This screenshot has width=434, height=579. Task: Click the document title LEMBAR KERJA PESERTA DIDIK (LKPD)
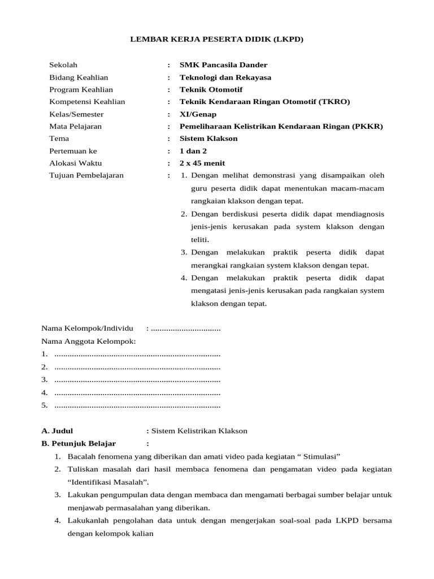click(217, 40)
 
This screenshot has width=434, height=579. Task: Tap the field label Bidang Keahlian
click(79, 77)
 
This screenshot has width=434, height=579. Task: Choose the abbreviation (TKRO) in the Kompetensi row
click(335, 102)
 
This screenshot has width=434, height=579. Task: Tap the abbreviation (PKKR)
click(367, 127)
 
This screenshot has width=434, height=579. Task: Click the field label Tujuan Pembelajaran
click(86, 176)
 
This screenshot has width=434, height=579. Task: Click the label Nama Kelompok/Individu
click(87, 329)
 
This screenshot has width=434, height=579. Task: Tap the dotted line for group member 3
click(137, 379)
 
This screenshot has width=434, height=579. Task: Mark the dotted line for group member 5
click(137, 405)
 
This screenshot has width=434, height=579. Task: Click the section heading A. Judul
click(57, 431)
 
